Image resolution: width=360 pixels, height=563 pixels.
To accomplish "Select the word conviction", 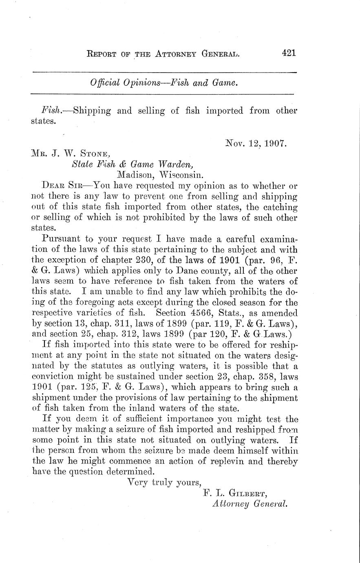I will point(54,377).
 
